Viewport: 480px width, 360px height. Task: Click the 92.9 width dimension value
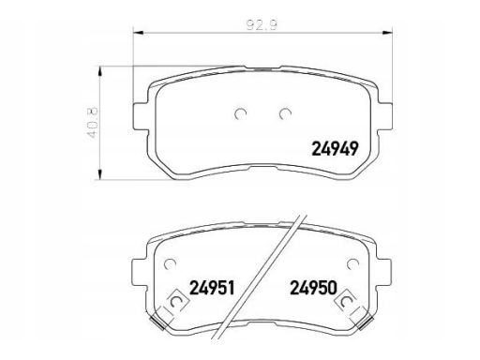tap(262, 25)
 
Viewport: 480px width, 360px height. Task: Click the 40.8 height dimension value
tap(93, 123)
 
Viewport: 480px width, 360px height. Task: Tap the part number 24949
tap(335, 148)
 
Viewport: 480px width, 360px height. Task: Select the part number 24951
tap(212, 288)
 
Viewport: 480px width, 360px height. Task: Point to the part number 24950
tap(314, 288)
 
